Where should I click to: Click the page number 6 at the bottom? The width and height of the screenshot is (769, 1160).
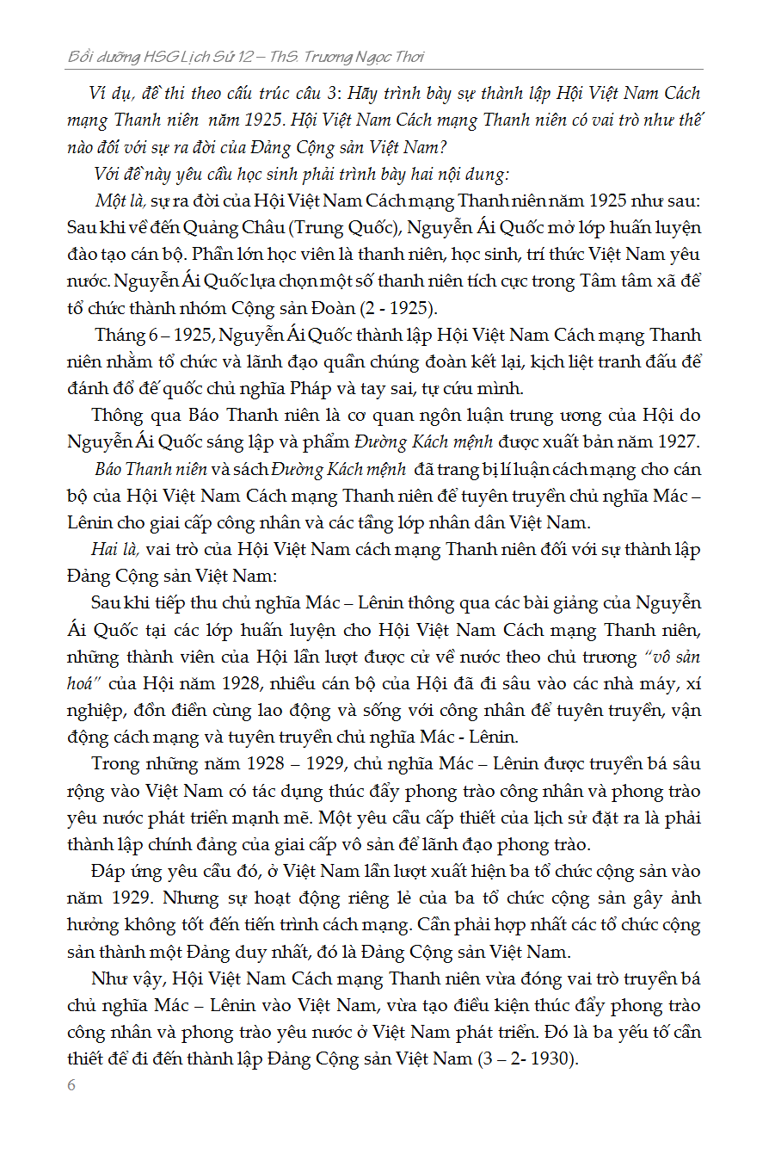click(71, 1085)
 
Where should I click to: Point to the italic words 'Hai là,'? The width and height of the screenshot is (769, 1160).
click(116, 549)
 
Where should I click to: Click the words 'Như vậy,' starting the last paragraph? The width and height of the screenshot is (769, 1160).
click(128, 978)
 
